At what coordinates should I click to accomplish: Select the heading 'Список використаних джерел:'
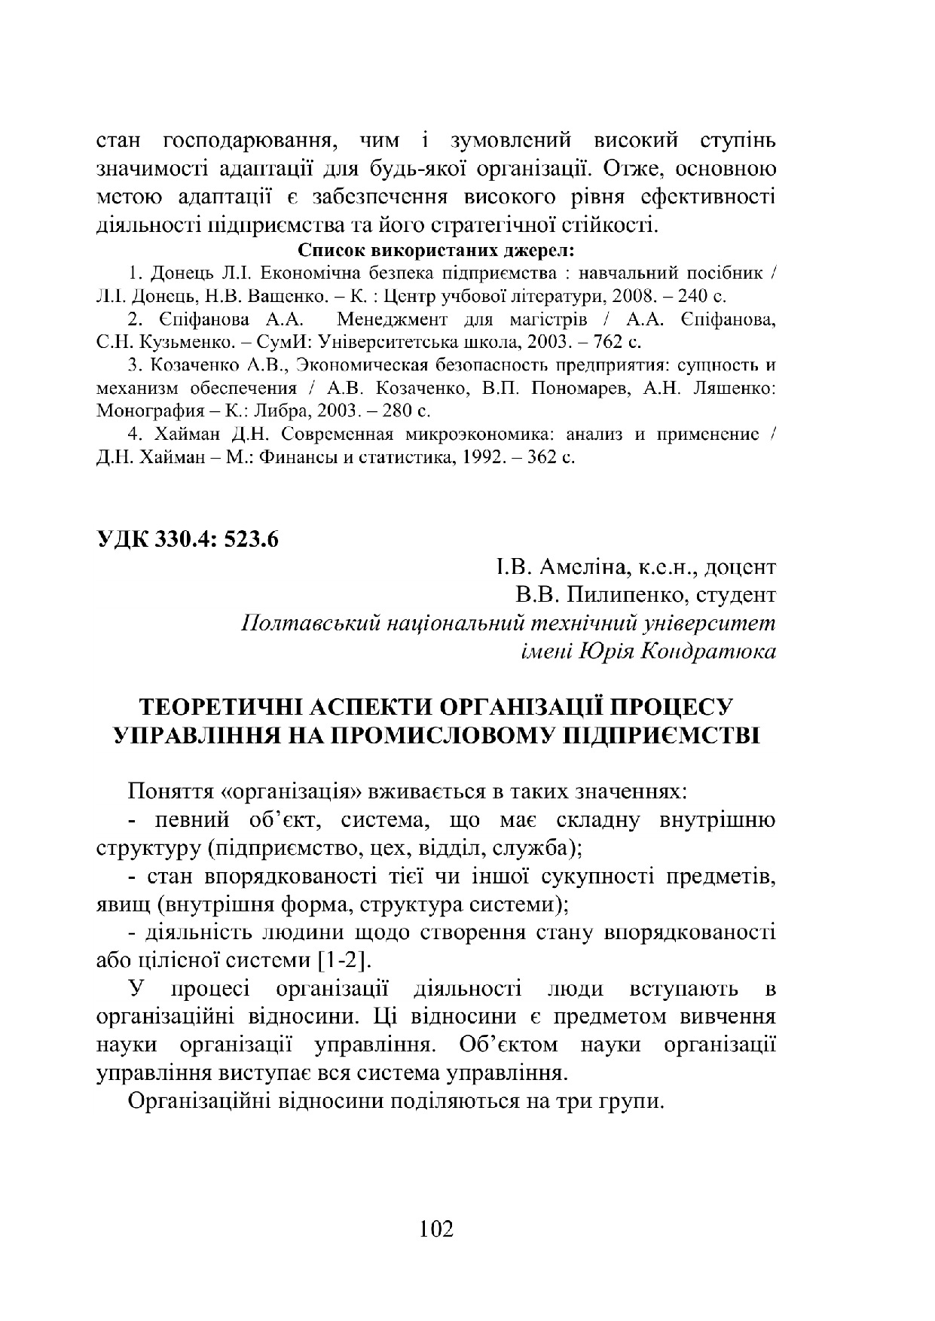(437, 249)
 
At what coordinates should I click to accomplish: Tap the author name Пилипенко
(616, 595)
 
